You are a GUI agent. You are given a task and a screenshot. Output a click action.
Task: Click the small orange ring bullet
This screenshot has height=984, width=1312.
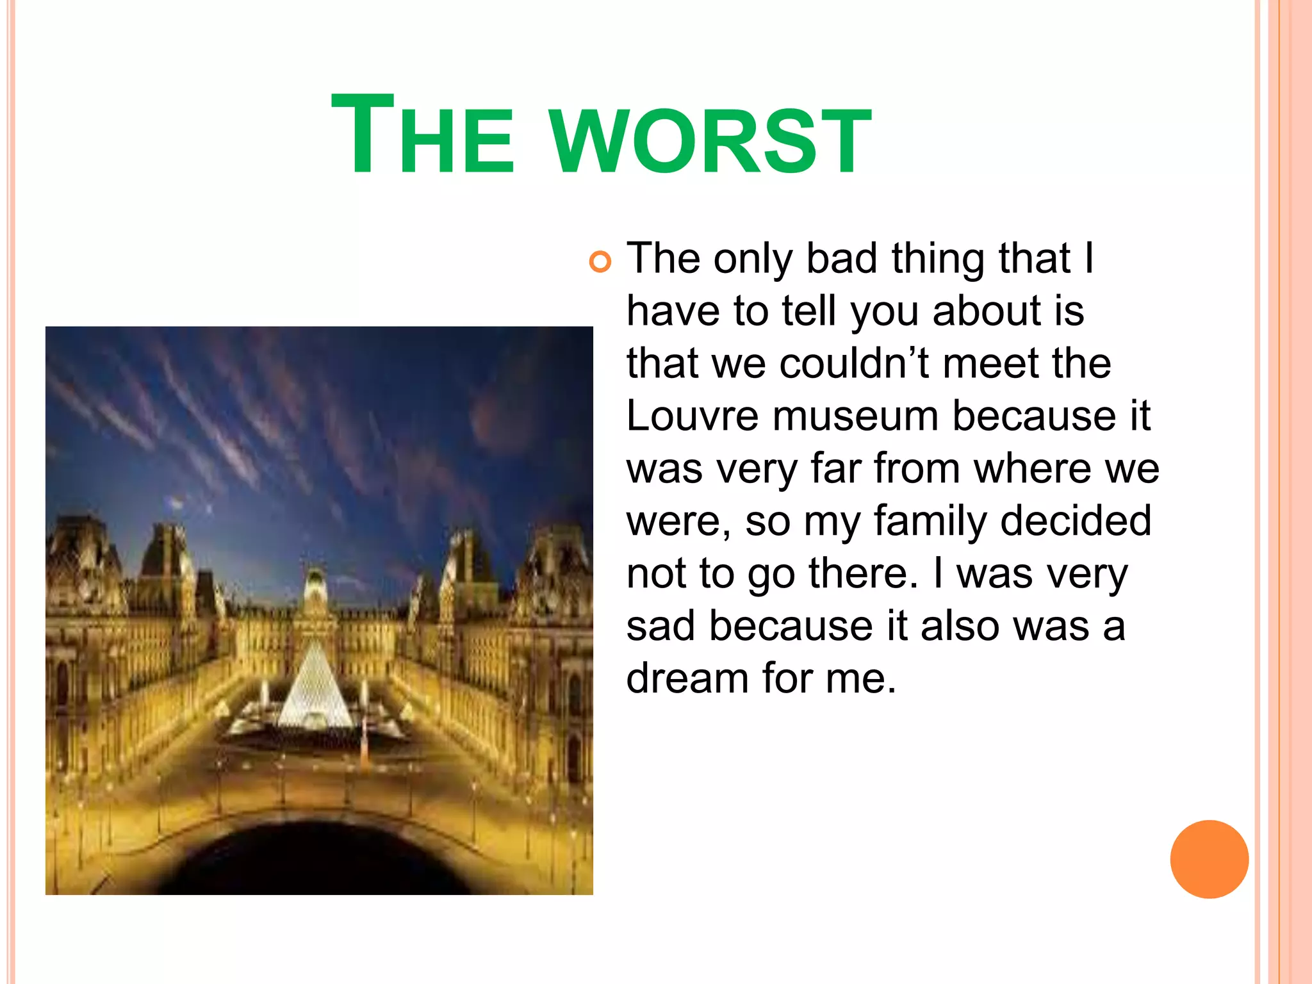pyautogui.click(x=600, y=262)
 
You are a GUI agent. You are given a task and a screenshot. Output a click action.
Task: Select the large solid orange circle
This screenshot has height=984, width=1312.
pyautogui.click(x=1209, y=859)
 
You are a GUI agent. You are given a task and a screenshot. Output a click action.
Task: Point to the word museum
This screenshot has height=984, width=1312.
pyautogui.click(x=855, y=416)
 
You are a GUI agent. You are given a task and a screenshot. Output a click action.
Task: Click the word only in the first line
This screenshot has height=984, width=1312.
pyautogui.click(x=753, y=259)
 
